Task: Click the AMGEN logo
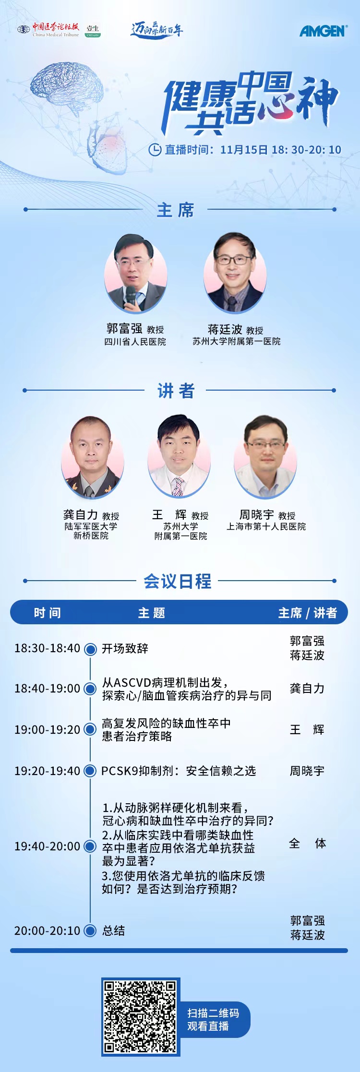click(323, 31)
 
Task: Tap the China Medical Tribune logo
click(48, 29)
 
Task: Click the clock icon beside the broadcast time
click(155, 150)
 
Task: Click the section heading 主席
click(176, 210)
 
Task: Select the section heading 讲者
click(176, 391)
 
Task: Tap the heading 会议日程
click(178, 581)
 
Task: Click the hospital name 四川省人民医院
click(135, 342)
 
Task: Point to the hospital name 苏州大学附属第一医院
click(237, 341)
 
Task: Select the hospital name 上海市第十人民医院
click(266, 526)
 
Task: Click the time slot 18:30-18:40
click(48, 648)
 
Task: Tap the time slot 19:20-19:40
click(48, 771)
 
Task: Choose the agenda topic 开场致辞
click(125, 648)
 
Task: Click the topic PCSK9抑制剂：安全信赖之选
click(179, 771)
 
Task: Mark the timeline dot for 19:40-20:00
click(90, 846)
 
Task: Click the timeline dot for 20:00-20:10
click(90, 930)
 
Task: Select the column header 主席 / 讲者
click(308, 613)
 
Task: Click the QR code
click(141, 1017)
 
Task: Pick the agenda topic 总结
click(113, 930)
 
